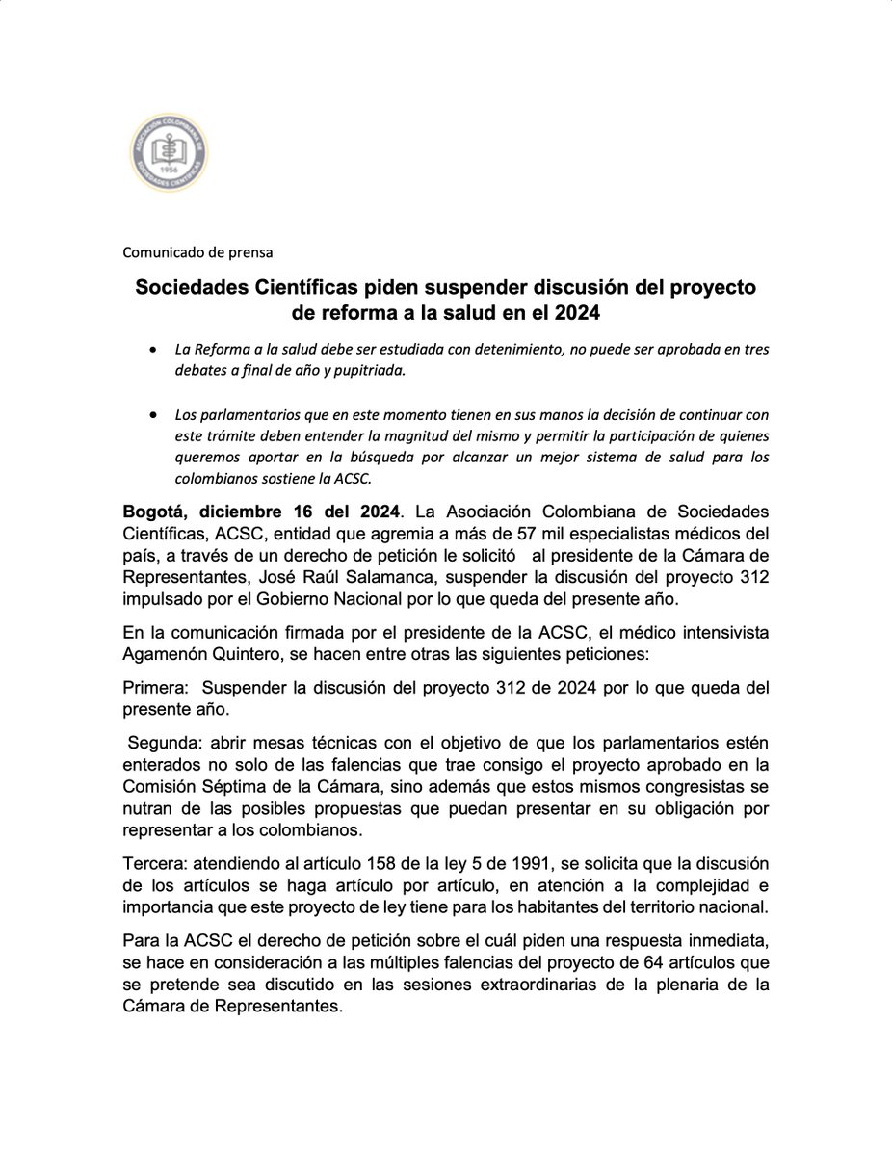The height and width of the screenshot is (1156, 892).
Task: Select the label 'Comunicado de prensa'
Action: (x=197, y=252)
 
